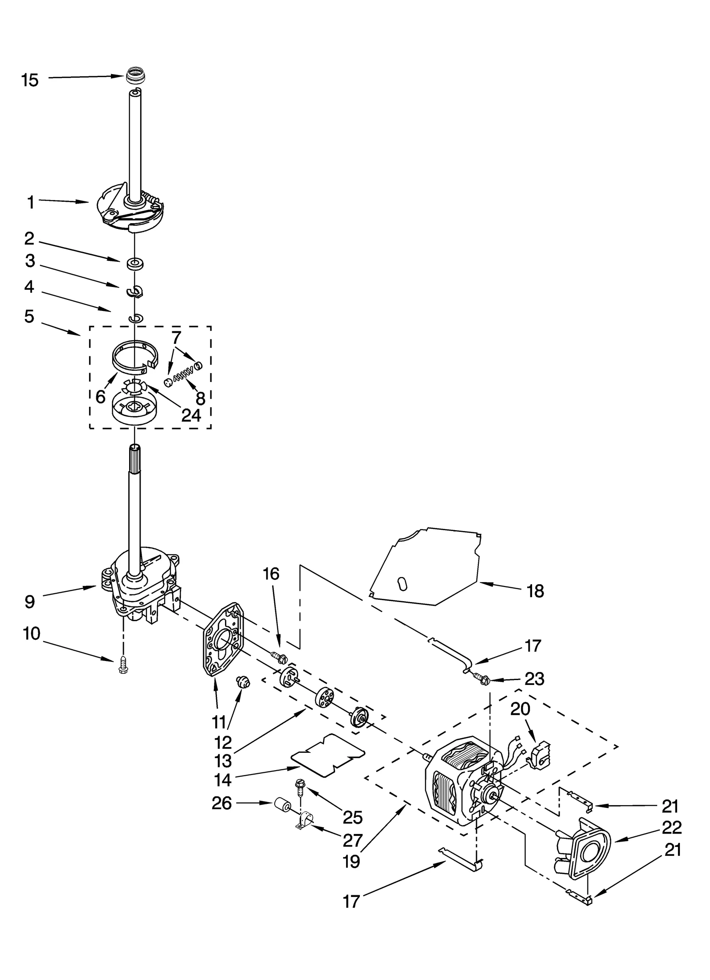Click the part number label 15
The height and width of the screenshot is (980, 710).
click(x=30, y=80)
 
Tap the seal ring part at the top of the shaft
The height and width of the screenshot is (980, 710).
click(x=134, y=75)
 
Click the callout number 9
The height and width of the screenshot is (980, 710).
click(x=29, y=602)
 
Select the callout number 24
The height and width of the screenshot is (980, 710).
click(x=191, y=415)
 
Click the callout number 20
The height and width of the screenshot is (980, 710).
click(x=520, y=709)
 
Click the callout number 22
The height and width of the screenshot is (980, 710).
click(x=671, y=827)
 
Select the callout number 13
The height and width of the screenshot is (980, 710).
click(x=223, y=761)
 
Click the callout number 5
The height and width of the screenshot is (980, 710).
click(x=29, y=316)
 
